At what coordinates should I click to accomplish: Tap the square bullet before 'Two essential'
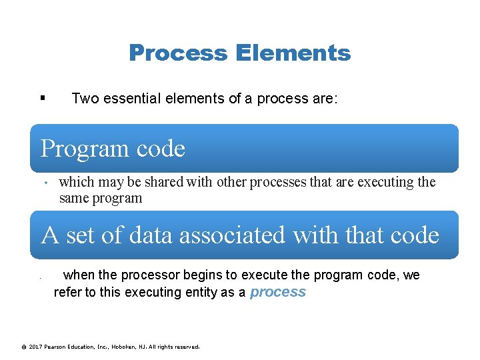pyautogui.click(x=43, y=99)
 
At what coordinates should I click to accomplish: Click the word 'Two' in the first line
pyautogui.click(x=84, y=99)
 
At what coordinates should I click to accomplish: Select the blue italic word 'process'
pyautogui.click(x=277, y=292)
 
